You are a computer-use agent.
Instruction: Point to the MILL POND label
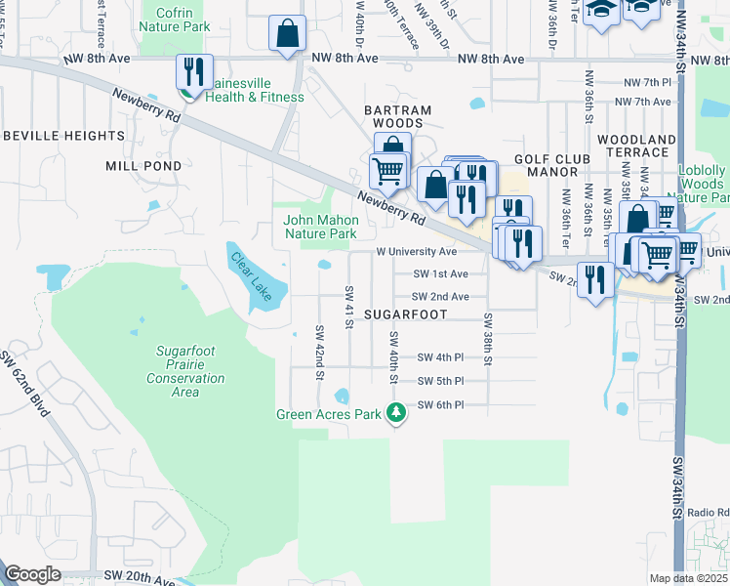[143, 166]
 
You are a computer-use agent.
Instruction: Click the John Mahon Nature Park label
[320, 227]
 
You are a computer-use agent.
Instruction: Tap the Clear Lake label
[251, 276]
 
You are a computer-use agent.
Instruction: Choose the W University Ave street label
[417, 252]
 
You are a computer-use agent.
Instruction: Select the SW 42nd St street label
[319, 350]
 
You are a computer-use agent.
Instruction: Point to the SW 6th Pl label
[440, 404]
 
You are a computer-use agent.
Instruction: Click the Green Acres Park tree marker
[395, 414]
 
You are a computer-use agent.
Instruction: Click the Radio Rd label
[708, 512]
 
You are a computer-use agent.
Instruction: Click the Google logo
[32, 573]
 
